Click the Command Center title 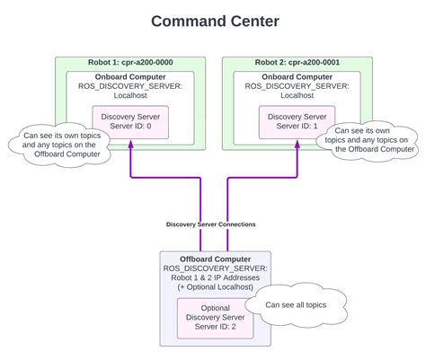pyautogui.click(x=213, y=20)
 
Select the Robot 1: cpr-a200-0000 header pyautogui.click(x=130, y=64)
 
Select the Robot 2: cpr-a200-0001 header pyautogui.click(x=296, y=64)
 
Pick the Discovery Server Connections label pyautogui.click(x=211, y=224)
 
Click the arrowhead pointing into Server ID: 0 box pyautogui.click(x=132, y=145)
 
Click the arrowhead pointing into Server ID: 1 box pyautogui.click(x=297, y=145)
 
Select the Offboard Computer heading pyautogui.click(x=215, y=259)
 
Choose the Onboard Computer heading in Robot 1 pyautogui.click(x=131, y=77)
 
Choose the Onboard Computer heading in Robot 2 pyautogui.click(x=297, y=77)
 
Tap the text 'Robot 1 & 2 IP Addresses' pyautogui.click(x=215, y=278)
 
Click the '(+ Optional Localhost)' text pyautogui.click(x=215, y=288)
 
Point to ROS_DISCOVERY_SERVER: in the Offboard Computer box pyautogui.click(x=215, y=268)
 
